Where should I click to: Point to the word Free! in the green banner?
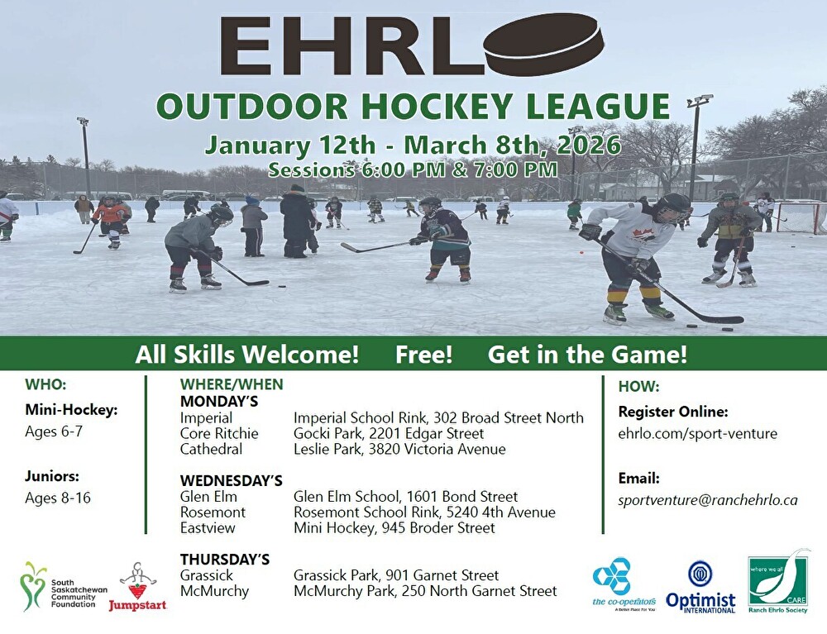click(423, 354)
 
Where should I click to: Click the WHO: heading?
click(45, 384)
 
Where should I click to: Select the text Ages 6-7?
click(54, 431)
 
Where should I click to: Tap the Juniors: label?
click(51, 476)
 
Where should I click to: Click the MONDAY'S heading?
click(219, 402)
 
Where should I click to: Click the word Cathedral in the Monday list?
click(211, 449)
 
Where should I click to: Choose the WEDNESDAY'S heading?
click(231, 480)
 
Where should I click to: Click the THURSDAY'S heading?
click(225, 559)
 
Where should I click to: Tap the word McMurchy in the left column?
click(214, 591)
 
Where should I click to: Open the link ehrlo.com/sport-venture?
click(697, 434)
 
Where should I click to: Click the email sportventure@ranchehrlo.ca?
click(708, 500)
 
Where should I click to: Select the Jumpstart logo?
click(137, 587)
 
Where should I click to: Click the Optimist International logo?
click(700, 586)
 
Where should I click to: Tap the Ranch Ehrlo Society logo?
click(778, 581)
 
